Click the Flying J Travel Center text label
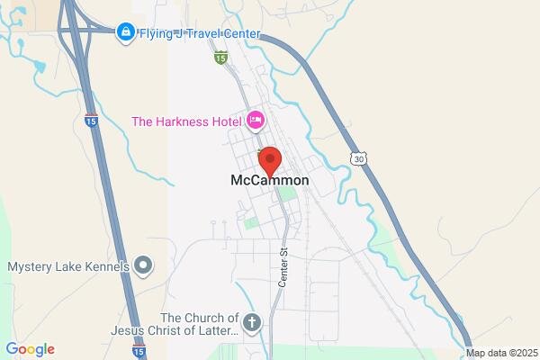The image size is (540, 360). tap(198, 34)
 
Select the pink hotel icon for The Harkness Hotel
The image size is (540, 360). tap(255, 120)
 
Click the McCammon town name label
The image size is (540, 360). tap(264, 180)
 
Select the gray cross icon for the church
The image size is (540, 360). tap(253, 321)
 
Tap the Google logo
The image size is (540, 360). tap(30, 349)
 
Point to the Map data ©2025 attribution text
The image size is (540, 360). tap(500, 353)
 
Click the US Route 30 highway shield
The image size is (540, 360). tap(359, 158)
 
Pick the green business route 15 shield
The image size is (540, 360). tap(220, 57)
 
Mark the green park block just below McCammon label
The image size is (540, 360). tap(286, 192)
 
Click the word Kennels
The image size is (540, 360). tap(106, 266)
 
